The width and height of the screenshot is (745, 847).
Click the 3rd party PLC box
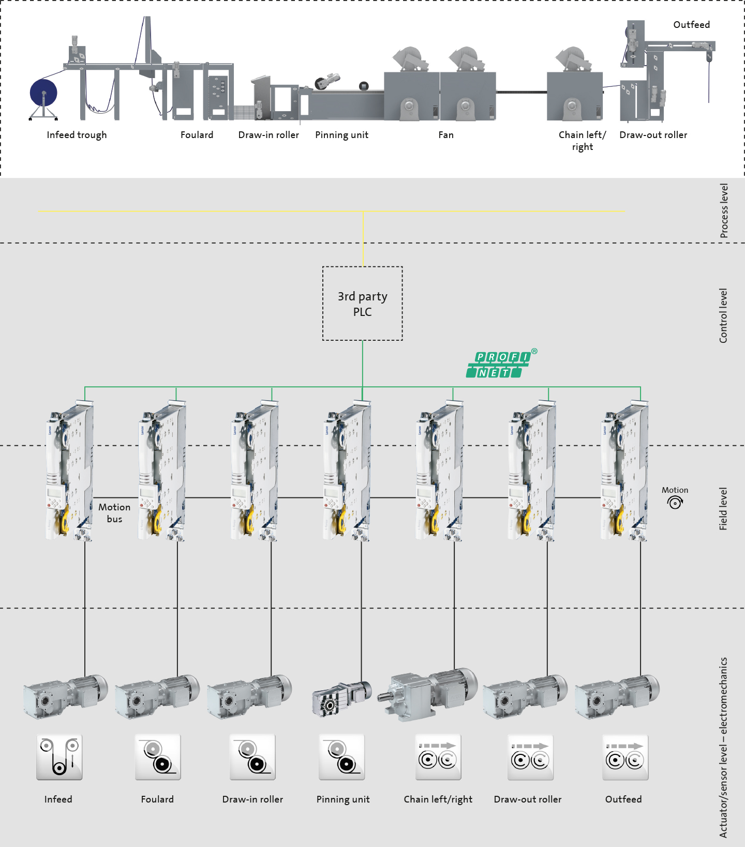[x=362, y=304]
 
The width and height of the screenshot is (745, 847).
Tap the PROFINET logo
[x=499, y=365]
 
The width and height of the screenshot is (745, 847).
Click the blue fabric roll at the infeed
[x=43, y=93]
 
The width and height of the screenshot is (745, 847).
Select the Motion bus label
[x=114, y=513]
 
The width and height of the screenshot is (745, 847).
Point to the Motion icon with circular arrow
[x=675, y=502]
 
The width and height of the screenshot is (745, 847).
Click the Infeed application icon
[x=59, y=757]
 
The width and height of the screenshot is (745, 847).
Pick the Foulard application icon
[x=158, y=757]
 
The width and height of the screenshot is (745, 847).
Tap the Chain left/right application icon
[x=438, y=757]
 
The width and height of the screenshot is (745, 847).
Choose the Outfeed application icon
[x=625, y=757]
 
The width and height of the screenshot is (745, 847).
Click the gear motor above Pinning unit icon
[x=342, y=698]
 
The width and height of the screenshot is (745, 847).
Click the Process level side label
[x=724, y=211]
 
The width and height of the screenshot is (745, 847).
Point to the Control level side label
[x=723, y=315]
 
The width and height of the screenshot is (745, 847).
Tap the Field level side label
[x=723, y=509]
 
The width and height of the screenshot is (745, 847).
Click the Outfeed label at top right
[x=691, y=25]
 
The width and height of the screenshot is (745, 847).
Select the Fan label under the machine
[x=446, y=135]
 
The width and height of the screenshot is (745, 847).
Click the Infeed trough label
[x=77, y=135]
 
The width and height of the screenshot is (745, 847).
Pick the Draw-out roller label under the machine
[x=653, y=135]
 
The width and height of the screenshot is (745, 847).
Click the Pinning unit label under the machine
[x=341, y=135]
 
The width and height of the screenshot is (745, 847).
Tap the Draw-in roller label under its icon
[x=252, y=799]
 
